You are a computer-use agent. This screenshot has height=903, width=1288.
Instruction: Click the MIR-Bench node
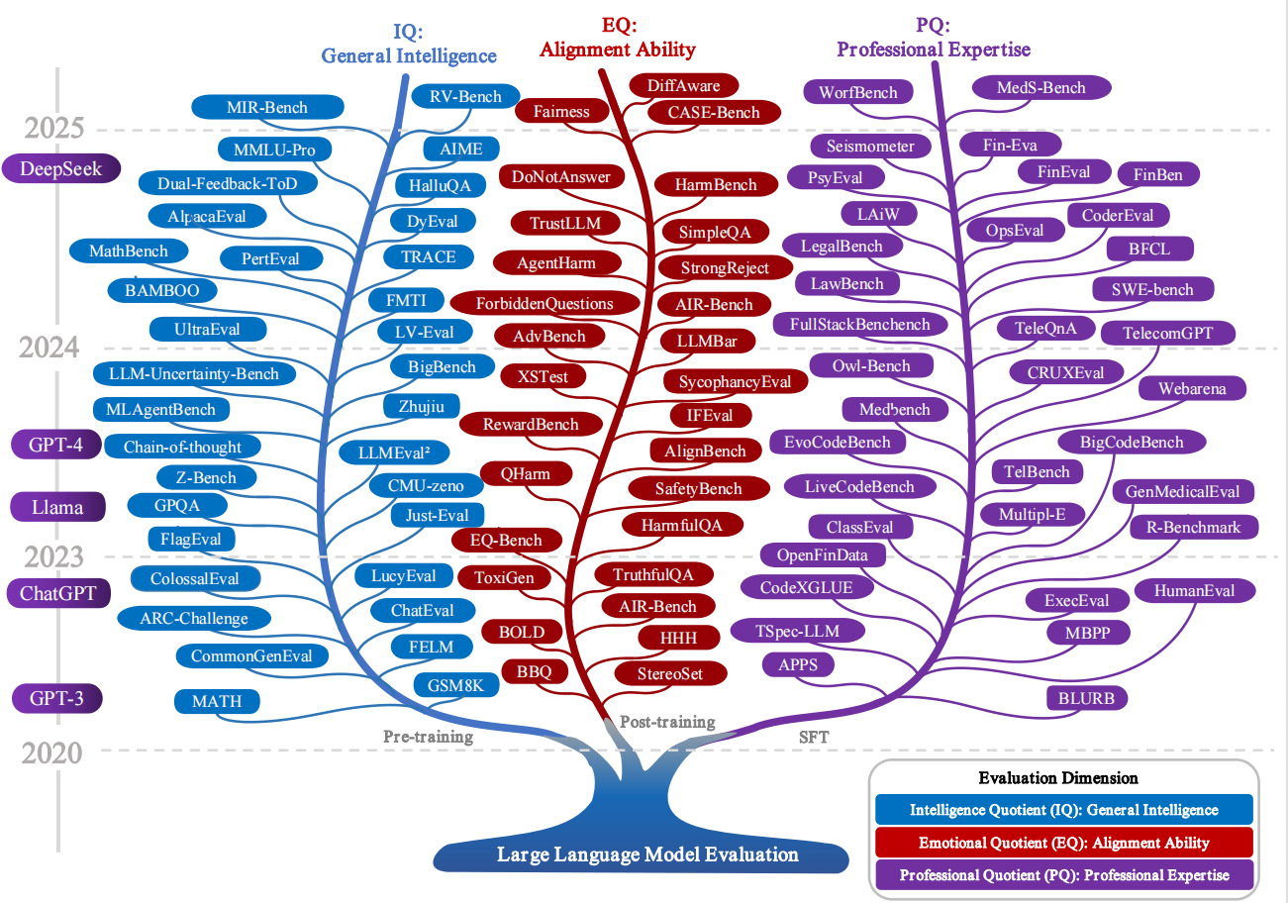click(266, 107)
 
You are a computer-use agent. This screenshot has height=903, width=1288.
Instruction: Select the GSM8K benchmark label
click(454, 685)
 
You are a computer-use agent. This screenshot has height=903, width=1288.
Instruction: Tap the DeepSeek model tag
click(60, 168)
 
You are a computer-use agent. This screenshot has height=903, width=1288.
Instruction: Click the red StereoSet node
click(671, 673)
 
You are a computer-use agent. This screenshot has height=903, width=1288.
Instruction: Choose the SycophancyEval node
click(735, 381)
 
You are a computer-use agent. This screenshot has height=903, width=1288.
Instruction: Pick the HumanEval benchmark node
click(1193, 591)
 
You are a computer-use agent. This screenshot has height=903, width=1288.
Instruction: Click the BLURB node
click(1086, 698)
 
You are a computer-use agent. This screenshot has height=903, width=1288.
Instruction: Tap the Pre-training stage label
click(428, 737)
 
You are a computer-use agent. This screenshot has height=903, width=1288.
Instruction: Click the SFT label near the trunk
click(813, 738)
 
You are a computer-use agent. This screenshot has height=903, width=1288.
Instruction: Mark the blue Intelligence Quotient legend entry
click(1063, 810)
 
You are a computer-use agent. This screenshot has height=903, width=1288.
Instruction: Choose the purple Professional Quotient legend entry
click(1063, 874)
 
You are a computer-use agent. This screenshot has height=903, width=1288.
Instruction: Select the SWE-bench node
click(1153, 290)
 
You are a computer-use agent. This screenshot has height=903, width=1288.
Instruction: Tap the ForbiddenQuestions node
click(545, 303)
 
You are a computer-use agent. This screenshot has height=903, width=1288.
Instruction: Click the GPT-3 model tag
click(56, 698)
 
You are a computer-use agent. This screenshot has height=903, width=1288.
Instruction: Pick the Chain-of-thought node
click(182, 447)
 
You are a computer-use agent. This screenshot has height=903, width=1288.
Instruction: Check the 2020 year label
click(52, 753)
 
